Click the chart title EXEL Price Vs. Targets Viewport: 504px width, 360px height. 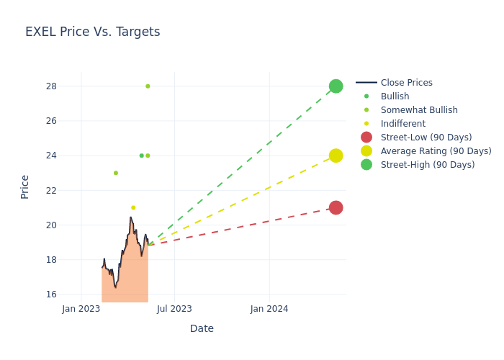(x=92, y=32)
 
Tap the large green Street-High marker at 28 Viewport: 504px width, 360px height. (x=336, y=86)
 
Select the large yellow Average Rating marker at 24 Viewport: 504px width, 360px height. (x=336, y=156)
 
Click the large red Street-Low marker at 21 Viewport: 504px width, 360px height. (x=336, y=207)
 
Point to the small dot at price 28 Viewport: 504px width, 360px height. (x=148, y=86)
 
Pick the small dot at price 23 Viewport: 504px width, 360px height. (x=115, y=173)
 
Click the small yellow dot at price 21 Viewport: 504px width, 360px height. (x=133, y=207)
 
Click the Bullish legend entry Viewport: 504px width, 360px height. (x=395, y=96)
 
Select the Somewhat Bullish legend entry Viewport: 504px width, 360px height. (x=419, y=110)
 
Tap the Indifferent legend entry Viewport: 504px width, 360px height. (x=402, y=124)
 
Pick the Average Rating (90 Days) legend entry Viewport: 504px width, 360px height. (x=436, y=151)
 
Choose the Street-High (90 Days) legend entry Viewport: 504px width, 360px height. (x=428, y=165)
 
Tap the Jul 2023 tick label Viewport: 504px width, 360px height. (x=175, y=309)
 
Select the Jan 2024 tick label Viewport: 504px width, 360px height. (x=269, y=309)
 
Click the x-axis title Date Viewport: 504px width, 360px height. (x=202, y=328)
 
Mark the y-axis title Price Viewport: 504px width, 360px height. (x=25, y=186)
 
